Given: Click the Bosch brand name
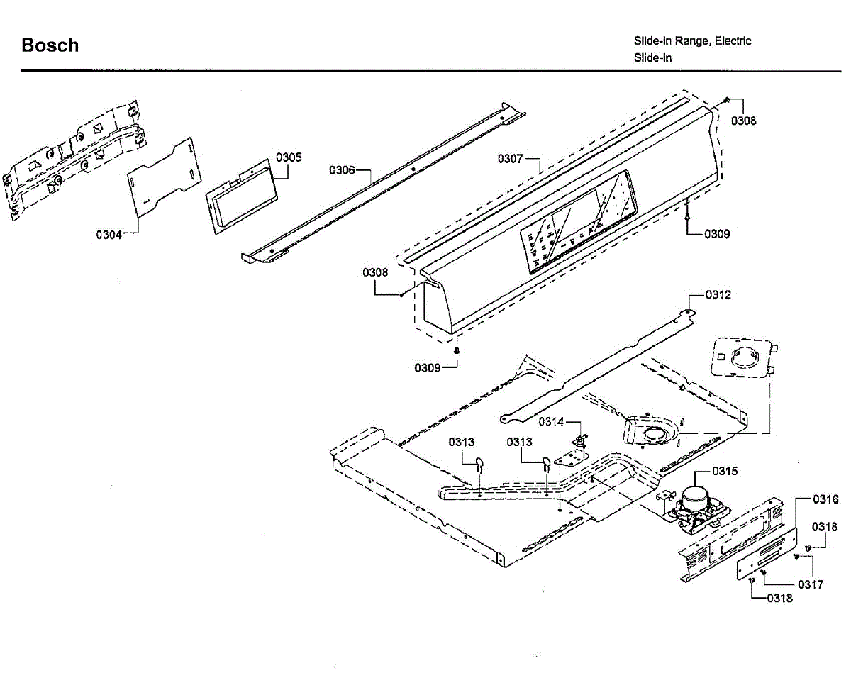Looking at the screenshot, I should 50,45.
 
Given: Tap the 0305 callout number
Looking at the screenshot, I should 289,157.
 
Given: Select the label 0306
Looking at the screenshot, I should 341,170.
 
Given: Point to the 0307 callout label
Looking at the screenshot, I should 510,158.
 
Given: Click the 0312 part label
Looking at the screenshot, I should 718,295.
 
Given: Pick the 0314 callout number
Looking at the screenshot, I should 551,422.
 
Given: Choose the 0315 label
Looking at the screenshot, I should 725,471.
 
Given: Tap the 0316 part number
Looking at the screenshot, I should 825,499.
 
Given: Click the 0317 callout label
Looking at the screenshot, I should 811,585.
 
